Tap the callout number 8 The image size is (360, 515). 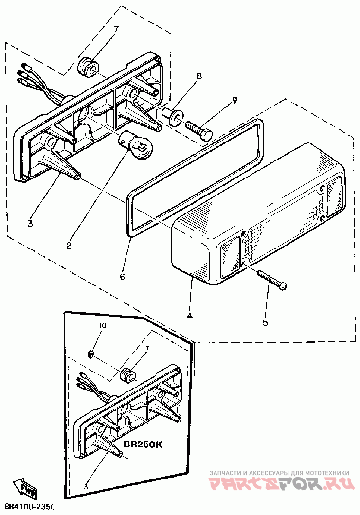pyautogui.click(x=198, y=76)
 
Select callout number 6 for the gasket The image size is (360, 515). pyautogui.click(x=122, y=277)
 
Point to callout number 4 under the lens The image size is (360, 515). pyautogui.click(x=189, y=316)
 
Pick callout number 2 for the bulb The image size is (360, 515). pyautogui.click(x=69, y=245)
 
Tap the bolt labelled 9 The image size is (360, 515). pyautogui.click(x=198, y=129)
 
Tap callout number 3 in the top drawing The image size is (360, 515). pyautogui.click(x=30, y=224)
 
